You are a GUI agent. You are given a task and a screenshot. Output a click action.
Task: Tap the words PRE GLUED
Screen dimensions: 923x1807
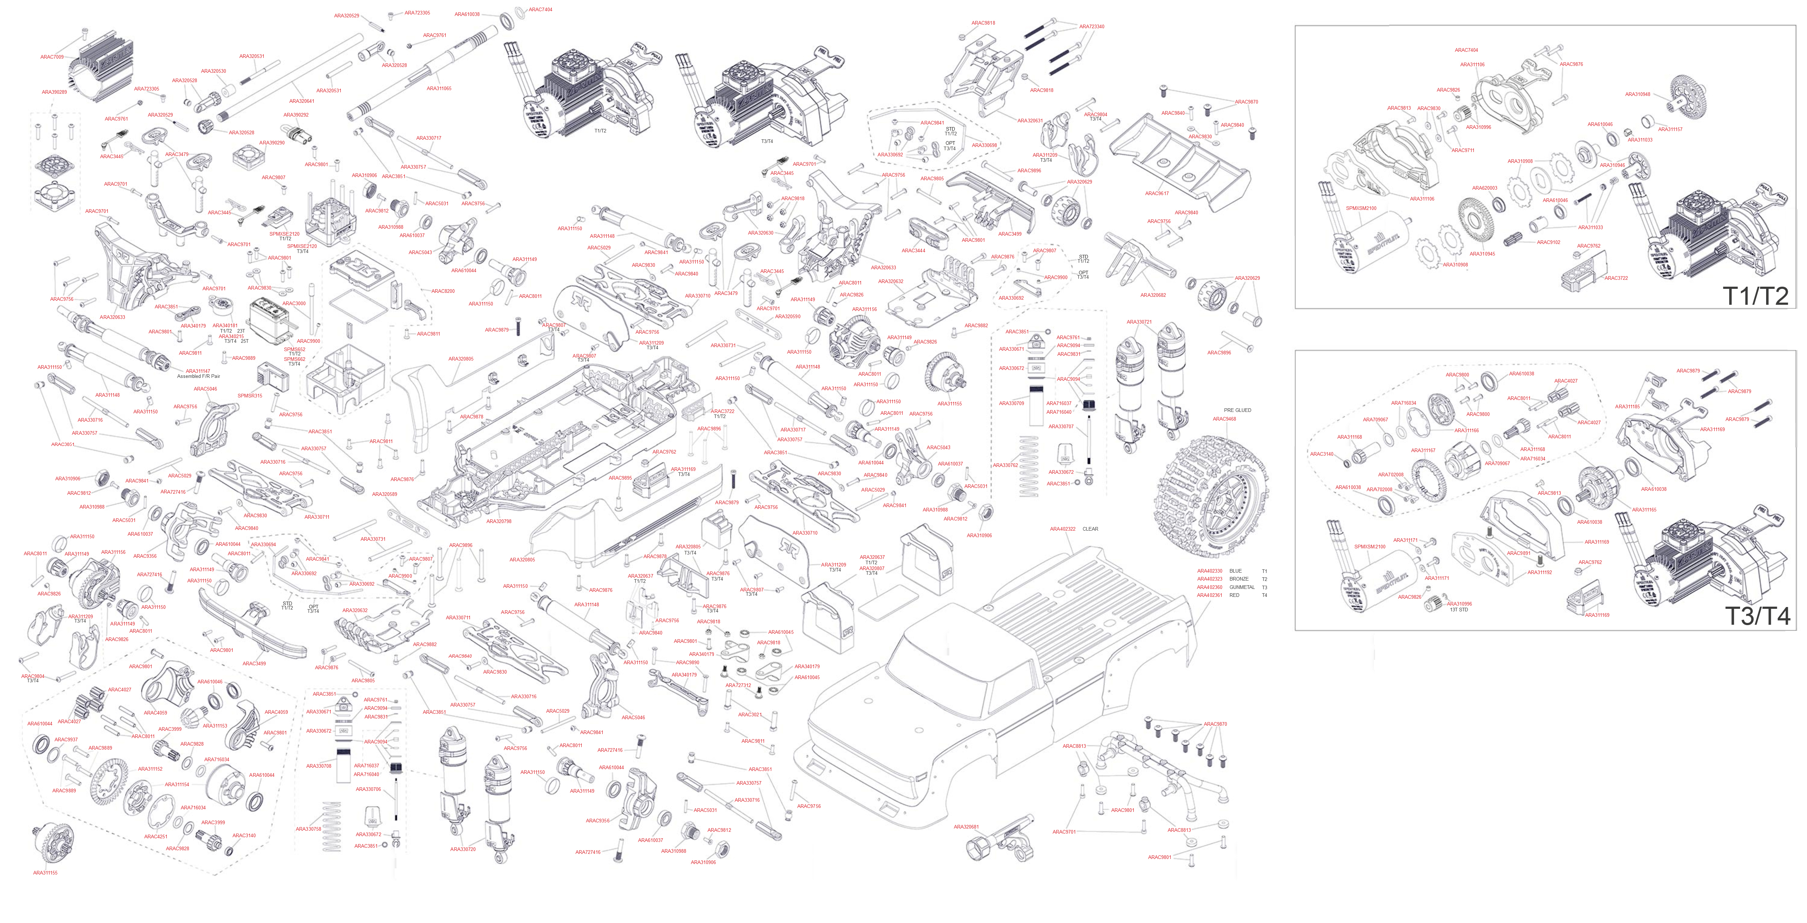[x=1237, y=410]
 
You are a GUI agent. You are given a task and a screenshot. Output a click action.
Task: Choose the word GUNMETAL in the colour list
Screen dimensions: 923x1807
[x=1242, y=587]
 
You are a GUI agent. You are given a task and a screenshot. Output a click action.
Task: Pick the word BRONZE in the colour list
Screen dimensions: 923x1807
[x=1239, y=579]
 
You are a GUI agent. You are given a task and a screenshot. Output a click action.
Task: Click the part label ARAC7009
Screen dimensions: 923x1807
[x=52, y=57]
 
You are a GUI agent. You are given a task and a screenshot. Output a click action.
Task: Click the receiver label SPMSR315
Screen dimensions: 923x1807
[x=250, y=396]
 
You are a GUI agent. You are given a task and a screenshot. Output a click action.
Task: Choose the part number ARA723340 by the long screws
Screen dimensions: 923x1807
[x=1091, y=27]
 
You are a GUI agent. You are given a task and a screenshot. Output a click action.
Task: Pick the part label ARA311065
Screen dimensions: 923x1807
[x=439, y=88]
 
